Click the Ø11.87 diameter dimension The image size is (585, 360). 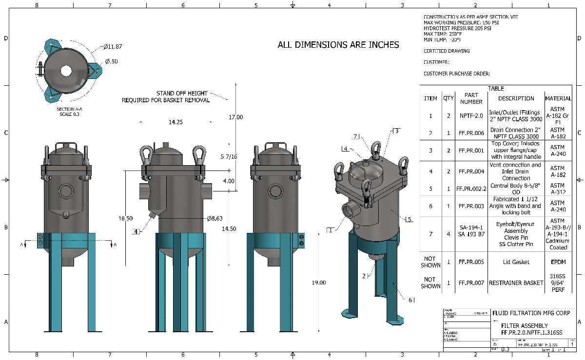pyautogui.click(x=112, y=47)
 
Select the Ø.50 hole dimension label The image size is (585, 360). pyautogui.click(x=111, y=61)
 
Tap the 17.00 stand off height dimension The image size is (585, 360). pyautogui.click(x=235, y=117)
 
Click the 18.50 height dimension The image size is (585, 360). pyautogui.click(x=126, y=218)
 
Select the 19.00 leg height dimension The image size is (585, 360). pyautogui.click(x=319, y=283)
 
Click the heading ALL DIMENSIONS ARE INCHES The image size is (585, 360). pyautogui.click(x=338, y=45)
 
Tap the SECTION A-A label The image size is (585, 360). pyautogui.click(x=68, y=109)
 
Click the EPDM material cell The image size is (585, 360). pyautogui.click(x=558, y=262)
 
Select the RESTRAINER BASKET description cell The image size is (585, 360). pyautogui.click(x=516, y=283)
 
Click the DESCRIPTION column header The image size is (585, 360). pyautogui.click(x=516, y=98)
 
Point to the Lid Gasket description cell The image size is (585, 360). pyautogui.click(x=516, y=262)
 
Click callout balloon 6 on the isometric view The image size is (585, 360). pyautogui.click(x=411, y=300)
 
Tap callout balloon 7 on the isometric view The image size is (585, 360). pyautogui.click(x=355, y=136)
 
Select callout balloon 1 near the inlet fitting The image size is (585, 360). pyautogui.click(x=330, y=230)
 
